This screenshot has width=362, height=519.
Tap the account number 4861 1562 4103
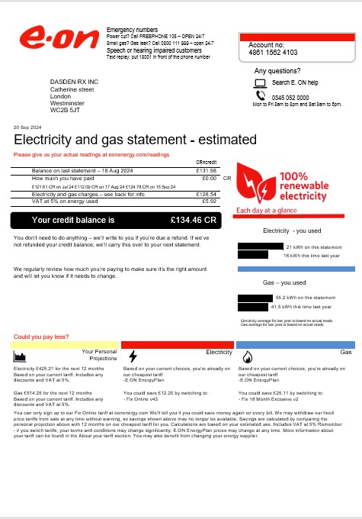tap(272, 53)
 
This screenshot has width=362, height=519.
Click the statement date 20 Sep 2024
tap(29, 127)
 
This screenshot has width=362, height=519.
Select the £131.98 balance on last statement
tap(207, 170)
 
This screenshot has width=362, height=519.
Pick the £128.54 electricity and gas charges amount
tap(207, 195)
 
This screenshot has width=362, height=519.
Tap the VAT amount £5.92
tap(210, 201)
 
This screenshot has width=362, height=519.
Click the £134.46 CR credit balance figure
tap(194, 220)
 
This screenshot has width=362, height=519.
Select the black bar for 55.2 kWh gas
tap(255, 297)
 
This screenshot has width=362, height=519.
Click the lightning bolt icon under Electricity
tap(133, 357)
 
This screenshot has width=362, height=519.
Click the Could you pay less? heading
tap(38, 337)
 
